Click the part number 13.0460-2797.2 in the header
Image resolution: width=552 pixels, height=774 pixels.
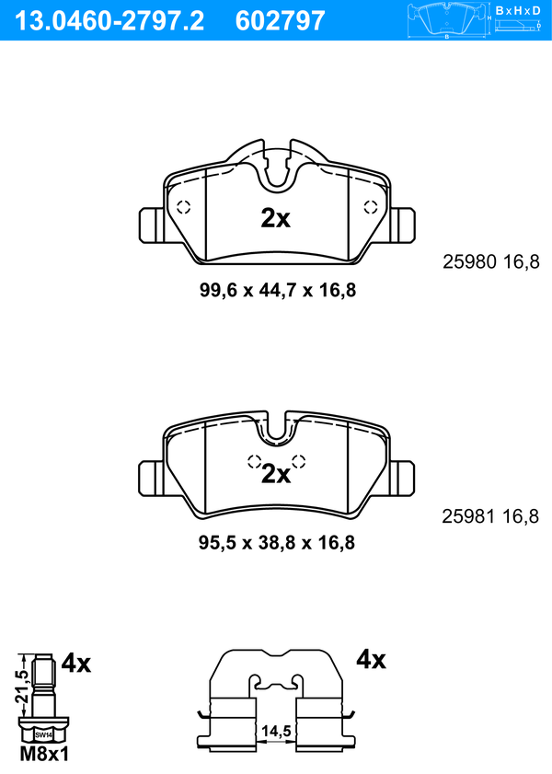tap(109, 21)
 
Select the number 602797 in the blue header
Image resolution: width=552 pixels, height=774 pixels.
tap(281, 21)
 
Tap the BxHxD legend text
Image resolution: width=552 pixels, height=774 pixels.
tap(517, 10)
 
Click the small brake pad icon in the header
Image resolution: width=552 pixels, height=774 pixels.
tap(447, 20)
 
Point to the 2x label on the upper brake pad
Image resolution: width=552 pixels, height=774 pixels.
tap(276, 218)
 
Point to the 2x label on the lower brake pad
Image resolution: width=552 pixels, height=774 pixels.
tap(276, 474)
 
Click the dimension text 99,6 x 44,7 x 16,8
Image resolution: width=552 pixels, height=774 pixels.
tap(278, 290)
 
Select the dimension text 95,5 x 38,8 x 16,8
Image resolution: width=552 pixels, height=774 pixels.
tap(277, 543)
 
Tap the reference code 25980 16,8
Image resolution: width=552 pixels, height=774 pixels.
tap(491, 261)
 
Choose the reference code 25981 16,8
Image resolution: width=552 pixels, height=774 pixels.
tap(490, 517)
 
